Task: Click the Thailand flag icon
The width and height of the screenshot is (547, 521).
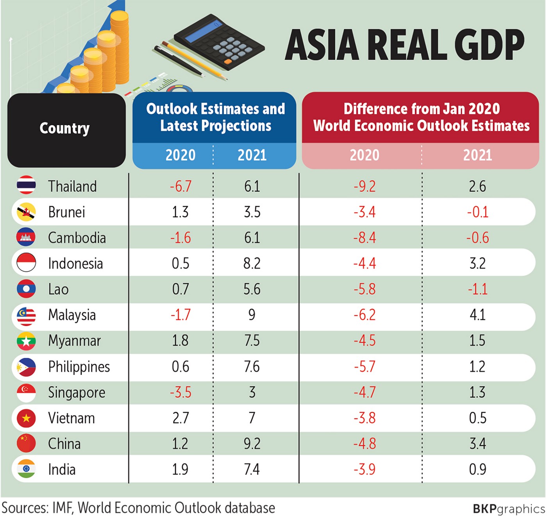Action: tap(26, 185)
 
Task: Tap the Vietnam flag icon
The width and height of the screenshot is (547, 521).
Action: tap(26, 418)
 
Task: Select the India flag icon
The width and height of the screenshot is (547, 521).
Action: tap(26, 469)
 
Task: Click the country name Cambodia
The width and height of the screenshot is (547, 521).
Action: tap(77, 238)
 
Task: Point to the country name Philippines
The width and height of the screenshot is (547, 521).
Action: tap(79, 367)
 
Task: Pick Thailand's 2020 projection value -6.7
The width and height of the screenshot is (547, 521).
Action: tap(181, 186)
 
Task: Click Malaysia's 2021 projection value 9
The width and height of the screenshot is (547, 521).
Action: tap(252, 315)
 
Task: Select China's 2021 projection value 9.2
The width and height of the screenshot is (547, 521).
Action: tap(252, 444)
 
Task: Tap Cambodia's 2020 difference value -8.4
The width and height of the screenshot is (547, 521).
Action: tap(365, 238)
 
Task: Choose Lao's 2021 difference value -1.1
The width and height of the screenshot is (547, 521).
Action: tap(477, 289)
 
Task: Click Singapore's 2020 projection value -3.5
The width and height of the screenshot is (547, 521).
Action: tap(181, 392)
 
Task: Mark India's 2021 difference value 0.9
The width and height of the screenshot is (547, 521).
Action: tap(477, 469)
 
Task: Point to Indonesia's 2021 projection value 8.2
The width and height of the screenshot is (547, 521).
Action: tap(252, 264)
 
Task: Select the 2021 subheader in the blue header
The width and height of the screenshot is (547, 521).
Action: tap(252, 155)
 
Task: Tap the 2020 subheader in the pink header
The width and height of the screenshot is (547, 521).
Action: tap(365, 155)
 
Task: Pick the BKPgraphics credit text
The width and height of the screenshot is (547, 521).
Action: tap(508, 509)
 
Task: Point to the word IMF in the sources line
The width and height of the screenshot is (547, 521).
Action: tap(62, 508)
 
